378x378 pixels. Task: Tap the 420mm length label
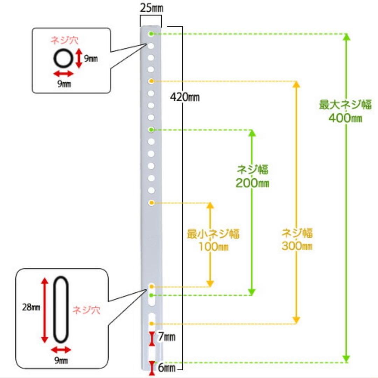[x=184, y=97]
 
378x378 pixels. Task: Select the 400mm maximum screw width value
[x=345, y=118]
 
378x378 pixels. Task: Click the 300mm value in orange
[x=297, y=246]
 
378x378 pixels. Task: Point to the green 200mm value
[x=252, y=183]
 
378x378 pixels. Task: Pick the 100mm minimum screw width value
[x=213, y=247]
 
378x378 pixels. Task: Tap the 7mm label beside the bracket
[x=166, y=337]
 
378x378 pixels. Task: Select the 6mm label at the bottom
[x=166, y=368]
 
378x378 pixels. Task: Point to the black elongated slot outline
[x=61, y=310]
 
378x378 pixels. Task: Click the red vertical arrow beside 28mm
[x=44, y=310]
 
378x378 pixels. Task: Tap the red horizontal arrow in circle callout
[x=63, y=73]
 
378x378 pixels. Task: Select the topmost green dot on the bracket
[x=151, y=34]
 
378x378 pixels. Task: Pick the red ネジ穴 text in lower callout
[x=86, y=309]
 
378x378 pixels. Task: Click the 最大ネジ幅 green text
[x=345, y=104]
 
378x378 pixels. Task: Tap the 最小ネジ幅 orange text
[x=213, y=233]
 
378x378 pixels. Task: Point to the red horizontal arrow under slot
[x=61, y=349]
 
